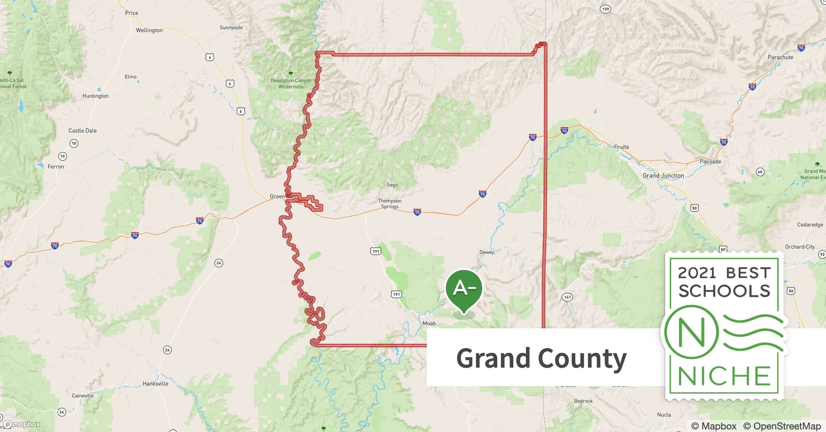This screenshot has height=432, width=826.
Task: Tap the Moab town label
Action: click(429, 323)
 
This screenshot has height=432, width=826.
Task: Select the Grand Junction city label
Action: click(663, 175)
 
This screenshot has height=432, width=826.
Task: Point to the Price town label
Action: click(131, 13)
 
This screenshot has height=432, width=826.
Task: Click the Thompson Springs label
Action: click(390, 203)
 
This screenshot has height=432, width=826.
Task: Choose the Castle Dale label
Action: click(83, 130)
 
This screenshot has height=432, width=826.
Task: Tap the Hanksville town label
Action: click(155, 384)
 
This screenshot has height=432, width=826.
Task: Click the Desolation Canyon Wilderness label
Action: click(291, 83)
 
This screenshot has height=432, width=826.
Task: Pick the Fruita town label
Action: click(621, 147)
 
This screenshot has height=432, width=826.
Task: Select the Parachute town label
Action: click(780, 57)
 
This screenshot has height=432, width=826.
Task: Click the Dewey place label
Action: click(487, 252)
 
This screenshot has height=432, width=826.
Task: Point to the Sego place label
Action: click(392, 185)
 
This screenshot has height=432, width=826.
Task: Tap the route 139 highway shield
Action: click(605, 9)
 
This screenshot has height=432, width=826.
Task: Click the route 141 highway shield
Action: click(567, 297)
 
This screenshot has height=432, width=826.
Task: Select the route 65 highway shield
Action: click(760, 172)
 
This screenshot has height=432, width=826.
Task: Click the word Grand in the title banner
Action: click(493, 359)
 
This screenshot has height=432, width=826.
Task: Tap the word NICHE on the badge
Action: click(724, 376)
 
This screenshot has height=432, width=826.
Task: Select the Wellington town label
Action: click(149, 30)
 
